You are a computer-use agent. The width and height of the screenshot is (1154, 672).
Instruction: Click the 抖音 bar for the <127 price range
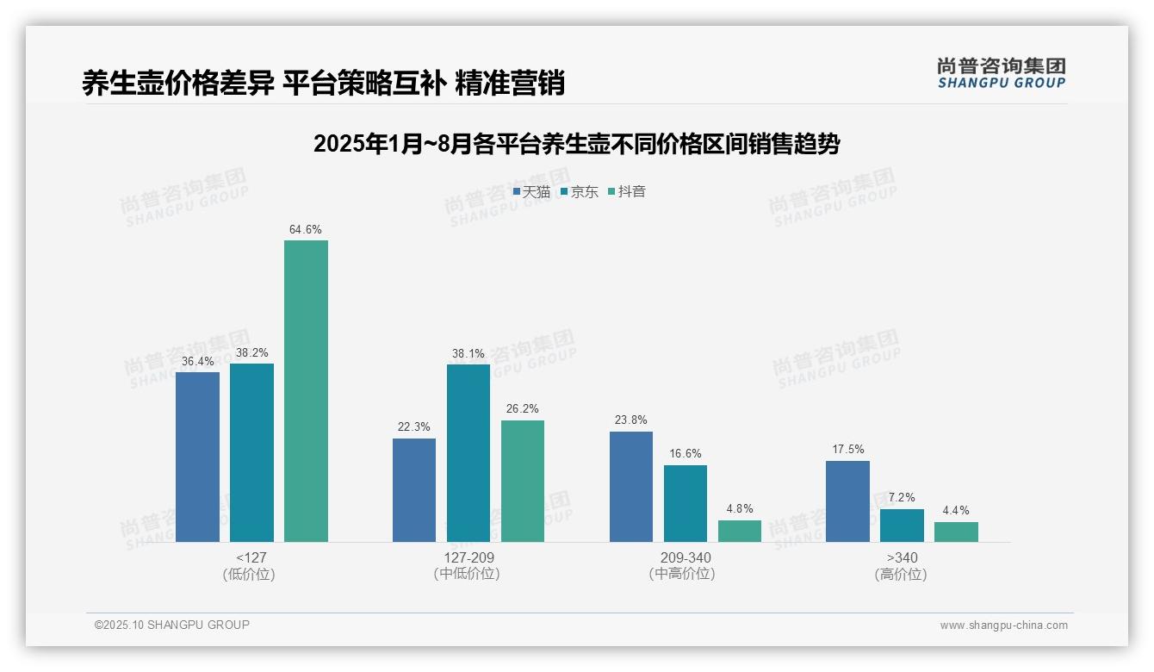[306, 391]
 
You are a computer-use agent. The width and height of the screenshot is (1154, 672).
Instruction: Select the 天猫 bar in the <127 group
[197, 457]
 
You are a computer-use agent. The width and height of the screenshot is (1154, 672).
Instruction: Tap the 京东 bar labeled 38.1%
[468, 453]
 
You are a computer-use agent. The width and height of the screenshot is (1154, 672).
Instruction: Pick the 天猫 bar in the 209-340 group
[631, 487]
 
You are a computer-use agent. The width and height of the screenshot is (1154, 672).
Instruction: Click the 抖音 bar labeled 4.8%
[740, 531]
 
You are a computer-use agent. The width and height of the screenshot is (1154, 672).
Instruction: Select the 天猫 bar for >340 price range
[847, 501]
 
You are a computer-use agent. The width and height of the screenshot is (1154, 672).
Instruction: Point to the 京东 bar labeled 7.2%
[902, 526]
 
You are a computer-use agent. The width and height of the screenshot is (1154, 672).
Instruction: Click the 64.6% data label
[306, 230]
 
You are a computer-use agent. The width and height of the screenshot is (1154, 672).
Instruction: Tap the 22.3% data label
[413, 427]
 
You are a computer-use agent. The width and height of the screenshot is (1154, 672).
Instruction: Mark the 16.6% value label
[685, 454]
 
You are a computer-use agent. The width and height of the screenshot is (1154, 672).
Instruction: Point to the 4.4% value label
[956, 511]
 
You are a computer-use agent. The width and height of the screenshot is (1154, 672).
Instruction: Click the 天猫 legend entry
[531, 192]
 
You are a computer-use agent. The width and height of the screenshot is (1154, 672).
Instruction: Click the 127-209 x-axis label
[468, 558]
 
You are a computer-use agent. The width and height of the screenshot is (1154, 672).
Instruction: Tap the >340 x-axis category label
[901, 558]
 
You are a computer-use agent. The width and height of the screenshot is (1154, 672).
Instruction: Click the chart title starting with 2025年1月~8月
[576, 144]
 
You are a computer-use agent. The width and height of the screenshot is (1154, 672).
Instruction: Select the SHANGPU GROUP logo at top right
[1001, 73]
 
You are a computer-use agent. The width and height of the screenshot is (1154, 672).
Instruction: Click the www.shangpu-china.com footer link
[1003, 625]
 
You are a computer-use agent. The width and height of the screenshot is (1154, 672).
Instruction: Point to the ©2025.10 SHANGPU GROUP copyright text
[172, 625]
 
